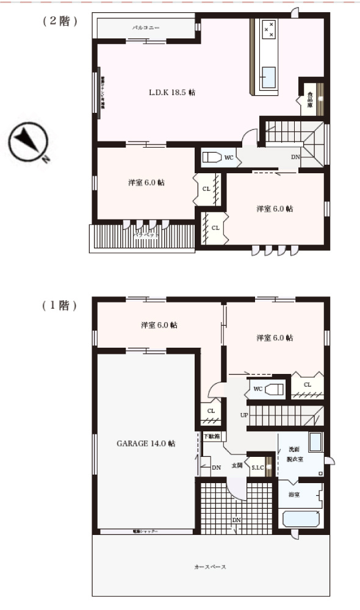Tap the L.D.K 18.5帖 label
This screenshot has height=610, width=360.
pyautogui.click(x=172, y=93)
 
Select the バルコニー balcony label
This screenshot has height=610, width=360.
pyautogui.click(x=146, y=28)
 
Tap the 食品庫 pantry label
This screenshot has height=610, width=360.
pyautogui.click(x=311, y=99)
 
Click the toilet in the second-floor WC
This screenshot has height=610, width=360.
pyautogui.click(x=211, y=157)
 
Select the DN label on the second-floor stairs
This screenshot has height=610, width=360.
pyautogui.click(x=295, y=157)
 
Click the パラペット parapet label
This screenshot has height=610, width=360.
pyautogui.click(x=146, y=234)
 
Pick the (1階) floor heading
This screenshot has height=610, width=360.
pyautogui.click(x=60, y=306)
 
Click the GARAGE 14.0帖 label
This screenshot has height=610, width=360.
pyautogui.click(x=146, y=443)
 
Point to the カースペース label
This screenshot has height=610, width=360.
pyautogui.click(x=211, y=567)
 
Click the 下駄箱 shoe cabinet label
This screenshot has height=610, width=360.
pyautogui.click(x=212, y=436)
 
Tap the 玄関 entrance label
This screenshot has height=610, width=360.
pyautogui.click(x=237, y=465)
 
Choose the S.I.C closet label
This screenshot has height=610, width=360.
pyautogui.click(x=257, y=468)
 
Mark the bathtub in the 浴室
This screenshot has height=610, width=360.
pyautogui.click(x=301, y=519)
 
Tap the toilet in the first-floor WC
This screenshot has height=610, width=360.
pyautogui.click(x=275, y=389)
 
